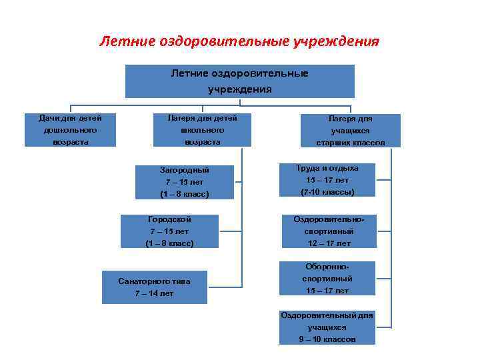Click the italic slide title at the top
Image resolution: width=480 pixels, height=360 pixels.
pos(239,42)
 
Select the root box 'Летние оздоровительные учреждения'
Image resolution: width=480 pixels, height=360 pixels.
pos(239,81)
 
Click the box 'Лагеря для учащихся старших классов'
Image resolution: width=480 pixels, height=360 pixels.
pos(351,130)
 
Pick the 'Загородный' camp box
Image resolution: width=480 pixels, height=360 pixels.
pos(185,181)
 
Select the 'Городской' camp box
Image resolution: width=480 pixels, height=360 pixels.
pos(169,231)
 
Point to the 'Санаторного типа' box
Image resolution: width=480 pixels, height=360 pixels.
pos(154,287)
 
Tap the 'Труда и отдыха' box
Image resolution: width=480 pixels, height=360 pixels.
pos(327,180)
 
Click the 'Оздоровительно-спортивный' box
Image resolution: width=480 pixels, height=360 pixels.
pos(327,231)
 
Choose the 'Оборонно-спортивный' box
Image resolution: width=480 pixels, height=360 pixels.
pos(327,279)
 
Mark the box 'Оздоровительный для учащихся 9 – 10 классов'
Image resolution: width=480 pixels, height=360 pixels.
pos(327,327)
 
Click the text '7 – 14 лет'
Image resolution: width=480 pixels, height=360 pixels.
pos(154,294)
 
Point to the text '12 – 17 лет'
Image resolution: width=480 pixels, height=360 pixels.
pos(327,243)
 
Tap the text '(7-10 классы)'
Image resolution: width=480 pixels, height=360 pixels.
pos(327,192)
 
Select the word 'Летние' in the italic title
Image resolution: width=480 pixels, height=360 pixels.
pos(127,42)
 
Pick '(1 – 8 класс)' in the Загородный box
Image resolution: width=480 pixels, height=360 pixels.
pos(185,194)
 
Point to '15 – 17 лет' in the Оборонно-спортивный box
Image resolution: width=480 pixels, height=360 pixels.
pos(327,291)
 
